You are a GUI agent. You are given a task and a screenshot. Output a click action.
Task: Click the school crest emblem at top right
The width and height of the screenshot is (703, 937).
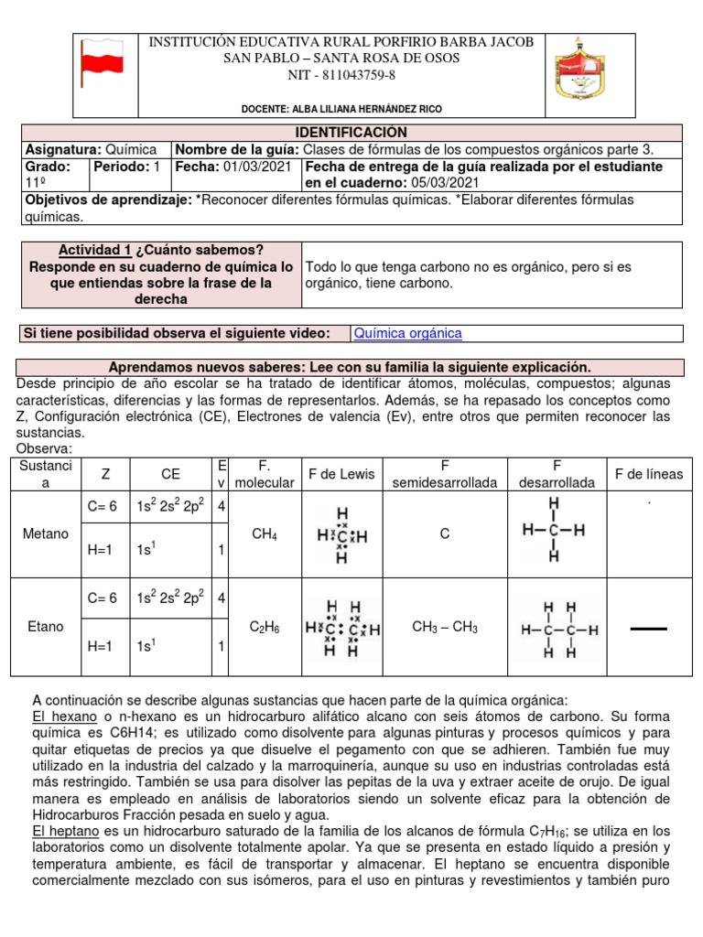click(579, 71)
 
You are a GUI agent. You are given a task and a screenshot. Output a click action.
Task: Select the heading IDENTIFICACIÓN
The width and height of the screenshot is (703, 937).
click(351, 133)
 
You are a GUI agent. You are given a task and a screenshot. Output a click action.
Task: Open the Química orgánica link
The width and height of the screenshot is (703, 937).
click(407, 334)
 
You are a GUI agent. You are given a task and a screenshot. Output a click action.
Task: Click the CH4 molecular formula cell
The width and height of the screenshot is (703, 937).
click(265, 533)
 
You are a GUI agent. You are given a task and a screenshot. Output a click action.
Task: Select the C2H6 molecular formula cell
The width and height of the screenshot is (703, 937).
click(265, 628)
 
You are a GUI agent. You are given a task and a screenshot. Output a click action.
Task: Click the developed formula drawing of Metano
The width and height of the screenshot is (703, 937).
click(554, 532)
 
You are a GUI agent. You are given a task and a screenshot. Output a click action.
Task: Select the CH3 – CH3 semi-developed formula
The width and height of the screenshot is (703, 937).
click(445, 628)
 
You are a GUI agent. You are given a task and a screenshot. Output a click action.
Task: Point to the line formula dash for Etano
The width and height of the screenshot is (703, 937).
click(649, 630)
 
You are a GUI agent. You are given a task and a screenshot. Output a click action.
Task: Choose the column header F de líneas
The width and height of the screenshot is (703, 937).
click(649, 474)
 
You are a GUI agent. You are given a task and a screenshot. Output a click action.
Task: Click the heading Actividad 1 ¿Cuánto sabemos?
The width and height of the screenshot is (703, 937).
click(161, 250)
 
